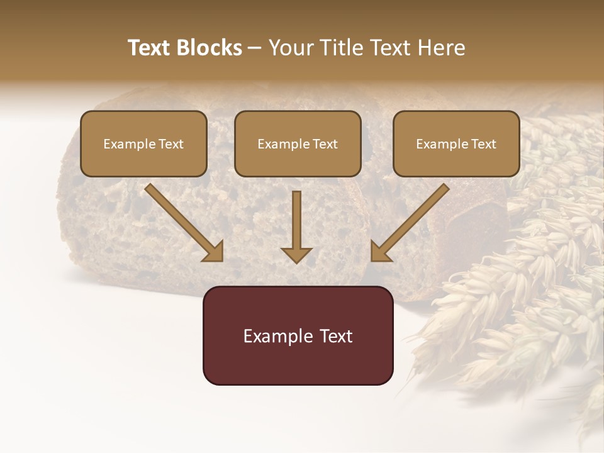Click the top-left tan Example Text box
click(143, 143)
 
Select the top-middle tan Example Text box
click(298, 143)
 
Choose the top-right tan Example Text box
click(456, 143)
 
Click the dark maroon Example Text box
click(298, 335)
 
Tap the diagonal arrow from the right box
click(412, 221)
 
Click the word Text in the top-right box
click(483, 144)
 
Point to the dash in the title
click(255, 48)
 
